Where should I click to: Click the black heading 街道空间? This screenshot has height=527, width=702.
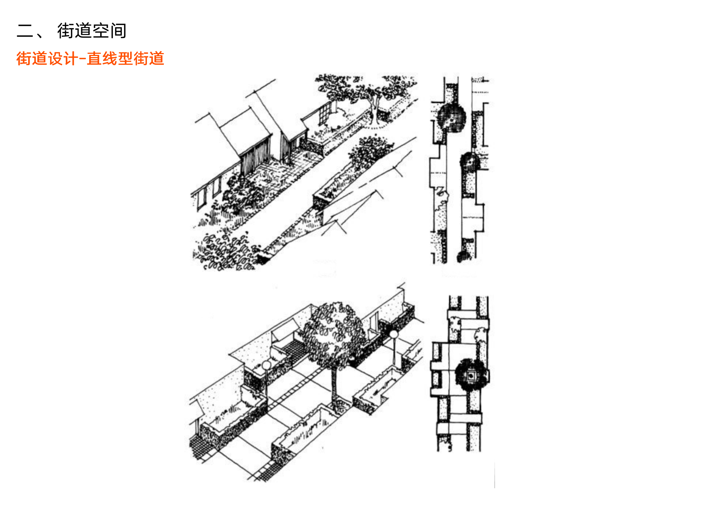(92, 31)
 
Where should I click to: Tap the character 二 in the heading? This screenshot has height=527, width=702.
(25, 31)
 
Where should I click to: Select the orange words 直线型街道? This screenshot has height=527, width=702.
(125, 59)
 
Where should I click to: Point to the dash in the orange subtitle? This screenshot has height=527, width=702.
(83, 59)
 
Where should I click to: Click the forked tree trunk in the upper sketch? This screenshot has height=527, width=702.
(375, 108)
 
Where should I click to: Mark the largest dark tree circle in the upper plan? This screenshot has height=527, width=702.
(452, 117)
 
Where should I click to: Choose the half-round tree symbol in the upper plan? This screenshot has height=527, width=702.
(470, 162)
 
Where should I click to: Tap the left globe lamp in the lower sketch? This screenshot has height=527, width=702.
(267, 365)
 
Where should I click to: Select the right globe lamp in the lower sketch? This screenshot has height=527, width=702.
(393, 334)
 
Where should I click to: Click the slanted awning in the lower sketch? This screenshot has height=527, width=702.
(284, 330)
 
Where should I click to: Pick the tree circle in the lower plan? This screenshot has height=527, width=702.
(471, 375)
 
